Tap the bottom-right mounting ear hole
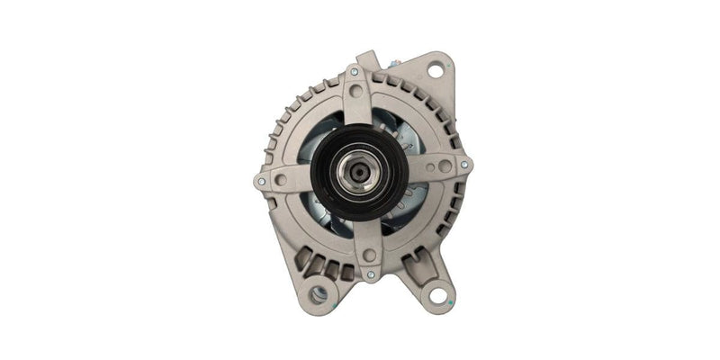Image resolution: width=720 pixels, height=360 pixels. pos(437,295)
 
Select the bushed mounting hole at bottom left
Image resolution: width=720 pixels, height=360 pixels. pos(319,293)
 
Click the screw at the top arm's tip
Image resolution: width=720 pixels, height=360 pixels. pos(354,71)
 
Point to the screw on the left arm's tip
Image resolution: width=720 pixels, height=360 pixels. pos(261,180)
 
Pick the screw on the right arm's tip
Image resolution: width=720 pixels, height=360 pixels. pos(463,165)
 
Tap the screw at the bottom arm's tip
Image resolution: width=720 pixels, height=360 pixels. pos(370,274)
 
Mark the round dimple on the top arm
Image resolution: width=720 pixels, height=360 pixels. pos(356,91)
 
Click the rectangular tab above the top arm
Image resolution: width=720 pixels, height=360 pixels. pos(364,58)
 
